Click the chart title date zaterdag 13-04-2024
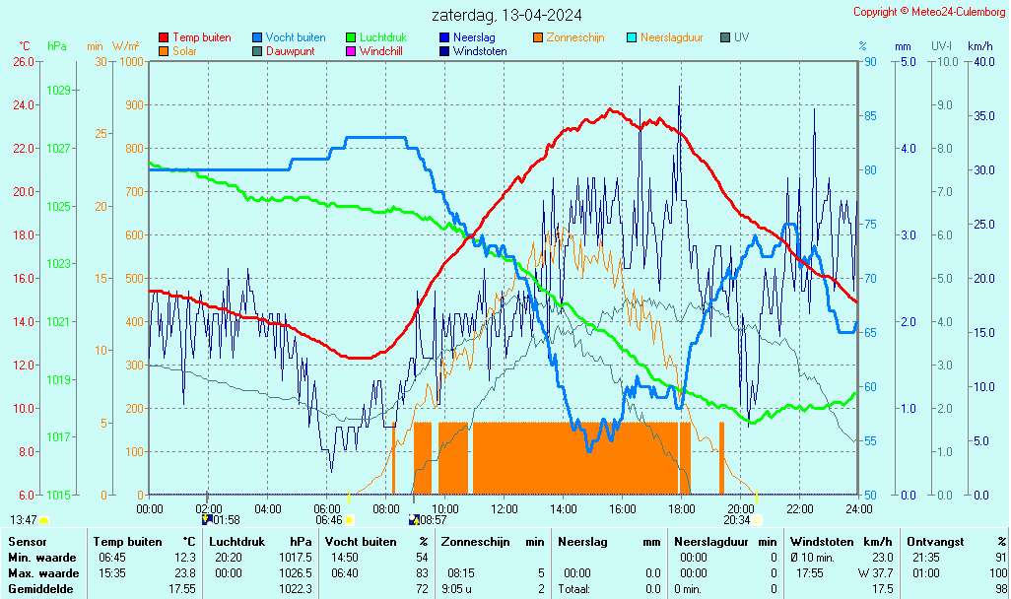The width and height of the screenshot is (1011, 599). pyautogui.click(x=506, y=16)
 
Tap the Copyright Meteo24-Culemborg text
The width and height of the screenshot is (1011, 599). pyautogui.click(x=929, y=12)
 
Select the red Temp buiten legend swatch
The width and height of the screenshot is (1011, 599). pyautogui.click(x=164, y=37)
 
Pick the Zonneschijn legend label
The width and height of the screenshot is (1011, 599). pyautogui.click(x=574, y=37)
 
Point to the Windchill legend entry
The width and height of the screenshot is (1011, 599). pyautogui.click(x=380, y=50)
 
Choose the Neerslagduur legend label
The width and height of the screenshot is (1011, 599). pyautogui.click(x=671, y=37)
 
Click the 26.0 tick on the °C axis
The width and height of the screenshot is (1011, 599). pyautogui.click(x=24, y=61)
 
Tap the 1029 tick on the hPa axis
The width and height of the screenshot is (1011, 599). pyautogui.click(x=58, y=91)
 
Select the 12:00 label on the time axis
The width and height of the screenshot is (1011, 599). pyautogui.click(x=505, y=508)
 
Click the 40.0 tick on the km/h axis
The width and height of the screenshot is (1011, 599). pyautogui.click(x=980, y=61)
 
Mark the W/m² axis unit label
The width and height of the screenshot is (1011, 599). pyautogui.click(x=125, y=46)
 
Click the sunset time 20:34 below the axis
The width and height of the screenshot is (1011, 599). pyautogui.click(x=736, y=520)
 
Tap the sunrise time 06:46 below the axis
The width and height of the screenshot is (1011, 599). pyautogui.click(x=328, y=520)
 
